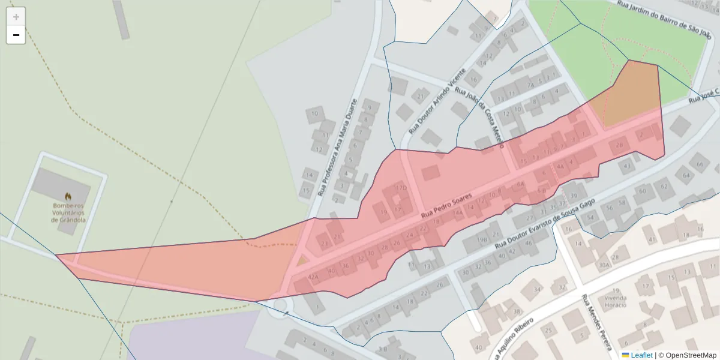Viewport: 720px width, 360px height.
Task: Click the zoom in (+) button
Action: pyautogui.click(x=16, y=17)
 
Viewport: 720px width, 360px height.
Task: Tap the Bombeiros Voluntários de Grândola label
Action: pyautogui.click(x=68, y=212)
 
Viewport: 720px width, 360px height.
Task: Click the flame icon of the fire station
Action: pyautogui.click(x=68, y=196)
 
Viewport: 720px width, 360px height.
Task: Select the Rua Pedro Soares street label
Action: pyautogui.click(x=447, y=205)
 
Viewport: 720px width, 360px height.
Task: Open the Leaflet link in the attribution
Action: pyautogui.click(x=641, y=355)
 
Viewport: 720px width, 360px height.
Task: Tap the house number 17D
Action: pyautogui.click(x=401, y=188)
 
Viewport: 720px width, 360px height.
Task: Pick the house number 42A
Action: pyautogui.click(x=313, y=277)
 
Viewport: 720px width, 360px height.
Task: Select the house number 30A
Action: pyautogui.click(x=604, y=264)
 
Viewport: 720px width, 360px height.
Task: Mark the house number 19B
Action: pyautogui.click(x=482, y=239)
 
